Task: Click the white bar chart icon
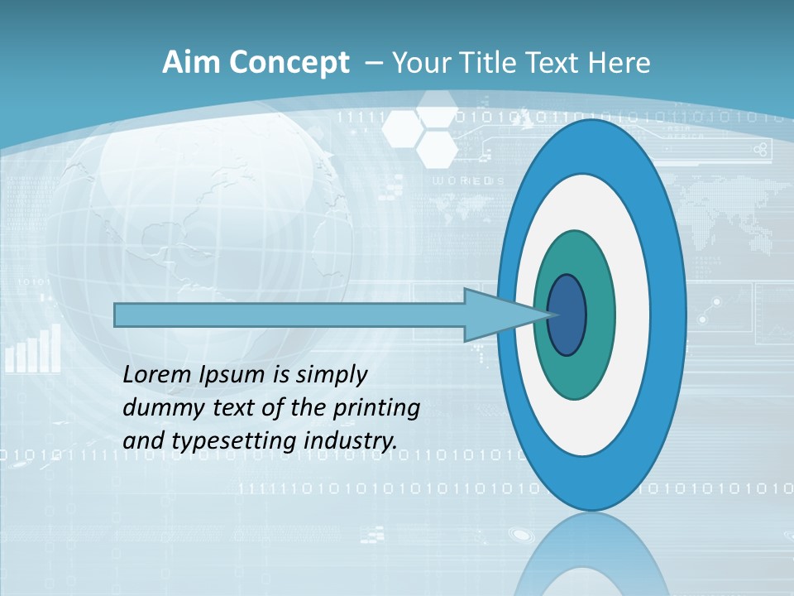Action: pos(33,348)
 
